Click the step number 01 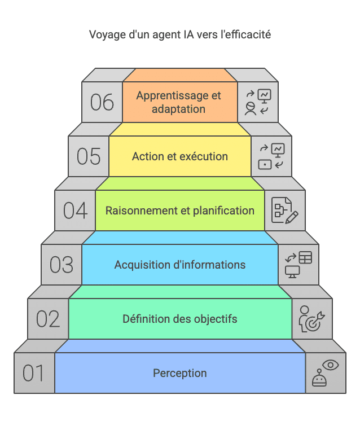33,374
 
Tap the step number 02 48,319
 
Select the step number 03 62,265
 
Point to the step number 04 75,211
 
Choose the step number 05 89,156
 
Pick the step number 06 102,102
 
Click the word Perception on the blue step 179,373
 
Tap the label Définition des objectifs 179,319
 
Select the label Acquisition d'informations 179,265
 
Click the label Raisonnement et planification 179,211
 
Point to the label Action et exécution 179,156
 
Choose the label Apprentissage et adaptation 179,102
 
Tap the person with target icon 311,319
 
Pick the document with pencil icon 285,211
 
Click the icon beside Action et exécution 271,156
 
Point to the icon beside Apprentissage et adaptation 258,102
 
